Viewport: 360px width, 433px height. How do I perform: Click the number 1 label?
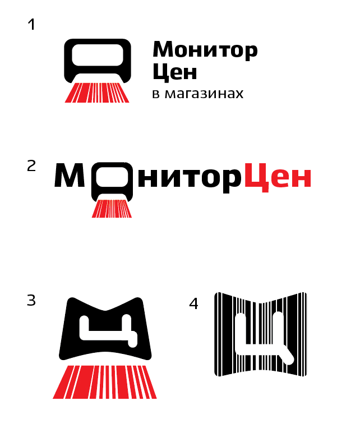coord(32,24)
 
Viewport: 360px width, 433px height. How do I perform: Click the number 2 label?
coord(31,166)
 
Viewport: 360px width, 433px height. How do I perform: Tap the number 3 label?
coord(31,300)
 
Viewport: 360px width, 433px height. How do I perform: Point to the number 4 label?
coord(193,304)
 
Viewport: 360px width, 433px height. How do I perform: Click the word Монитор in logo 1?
coord(205,50)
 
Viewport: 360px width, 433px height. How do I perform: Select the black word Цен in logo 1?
coord(175,72)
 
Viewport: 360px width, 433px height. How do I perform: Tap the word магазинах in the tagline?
coord(204,94)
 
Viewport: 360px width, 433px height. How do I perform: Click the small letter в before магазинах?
coord(156,94)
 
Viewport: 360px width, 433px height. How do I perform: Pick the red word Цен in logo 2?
coord(278,178)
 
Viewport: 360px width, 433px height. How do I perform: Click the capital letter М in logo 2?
coord(70,176)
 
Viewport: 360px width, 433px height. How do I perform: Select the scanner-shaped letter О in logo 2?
coord(112,181)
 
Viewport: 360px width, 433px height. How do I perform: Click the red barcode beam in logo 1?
coord(97,93)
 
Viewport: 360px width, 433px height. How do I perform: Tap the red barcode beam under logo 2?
coord(112,209)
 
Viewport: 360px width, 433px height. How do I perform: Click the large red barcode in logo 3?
coord(105,382)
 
